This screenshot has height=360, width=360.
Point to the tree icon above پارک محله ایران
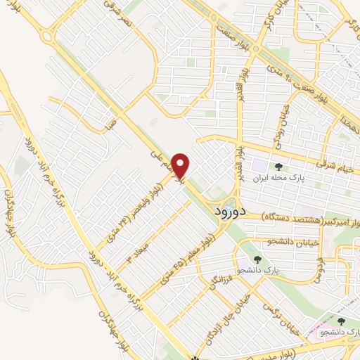tap(280, 167)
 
